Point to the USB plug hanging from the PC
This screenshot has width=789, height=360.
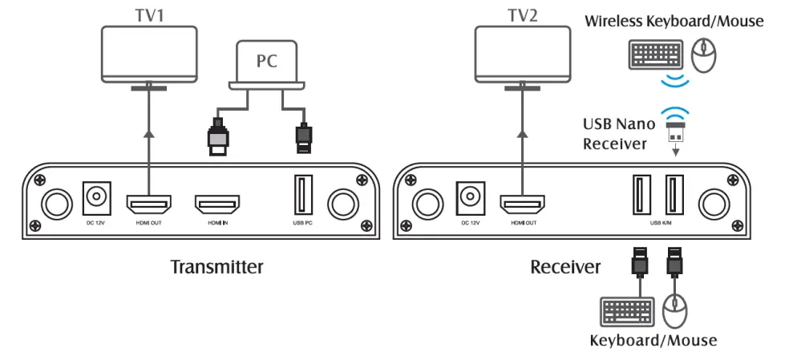click(302, 138)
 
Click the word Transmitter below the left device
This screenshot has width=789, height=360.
click(216, 267)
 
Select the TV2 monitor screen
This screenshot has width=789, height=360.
click(521, 52)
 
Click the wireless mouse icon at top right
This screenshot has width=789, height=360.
click(703, 55)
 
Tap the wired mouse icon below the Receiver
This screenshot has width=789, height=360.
click(677, 310)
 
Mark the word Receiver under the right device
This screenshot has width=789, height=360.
click(565, 267)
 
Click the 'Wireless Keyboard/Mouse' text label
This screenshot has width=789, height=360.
click(674, 21)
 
